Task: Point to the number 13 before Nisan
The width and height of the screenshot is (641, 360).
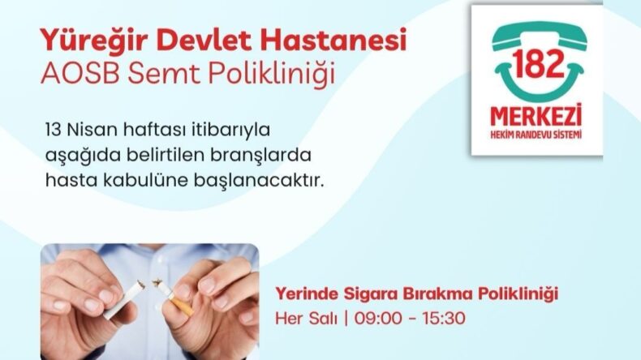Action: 56,130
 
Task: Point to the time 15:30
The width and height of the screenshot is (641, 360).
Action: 444,316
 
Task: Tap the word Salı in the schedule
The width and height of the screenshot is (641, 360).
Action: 321,316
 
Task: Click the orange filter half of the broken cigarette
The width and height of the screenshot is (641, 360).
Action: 181,306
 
